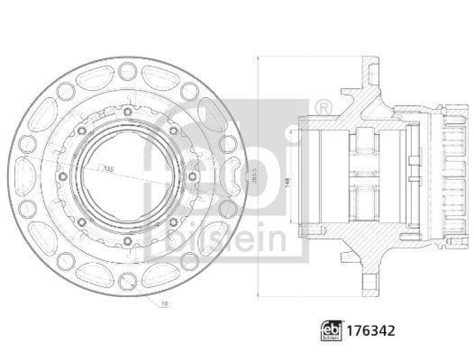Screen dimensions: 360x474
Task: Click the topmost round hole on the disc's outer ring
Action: pos(127,72)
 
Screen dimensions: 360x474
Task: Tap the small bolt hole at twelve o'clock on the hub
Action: pos(127,112)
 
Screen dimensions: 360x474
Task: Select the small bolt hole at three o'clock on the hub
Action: pos(191,176)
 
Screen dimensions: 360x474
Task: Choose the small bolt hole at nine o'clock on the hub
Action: pos(63,176)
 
